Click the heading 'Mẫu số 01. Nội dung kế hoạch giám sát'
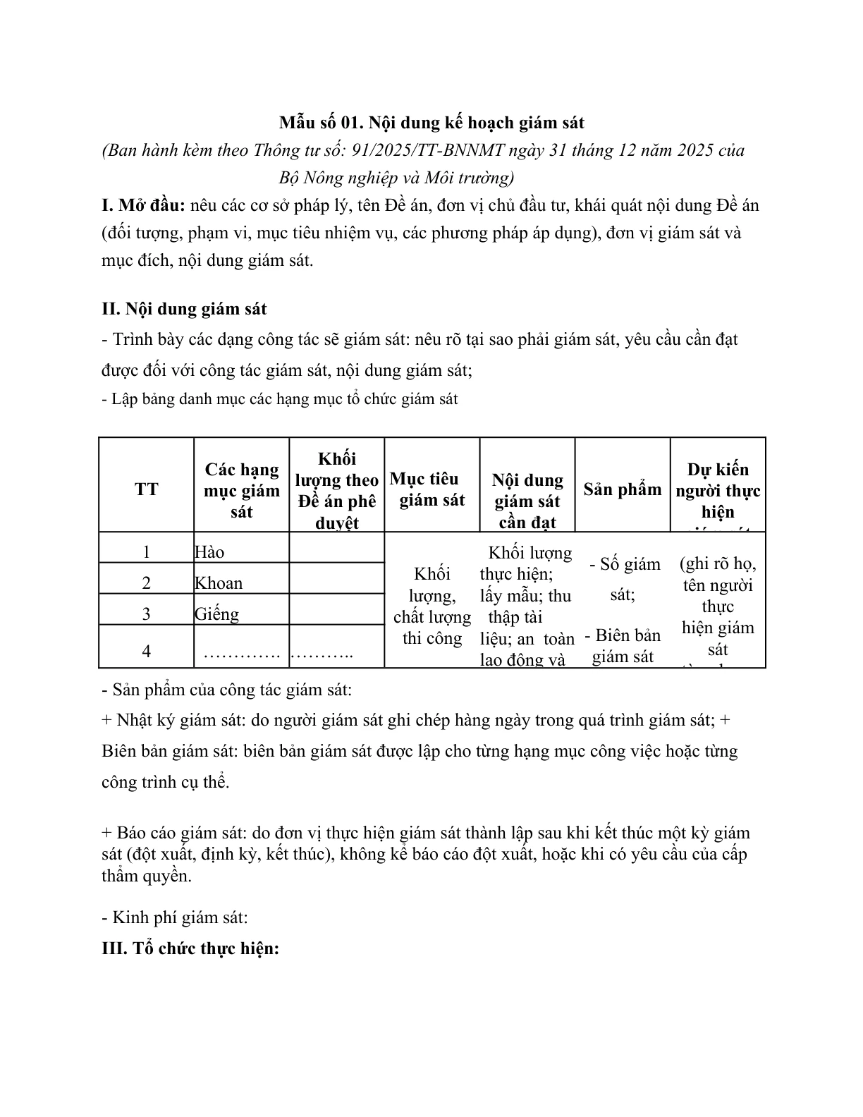coord(432,123)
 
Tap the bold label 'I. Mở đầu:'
coord(143,206)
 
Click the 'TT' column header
coord(146,489)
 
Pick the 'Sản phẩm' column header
coord(623,489)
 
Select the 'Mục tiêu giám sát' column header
coord(432,489)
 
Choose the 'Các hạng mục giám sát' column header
coord(241,489)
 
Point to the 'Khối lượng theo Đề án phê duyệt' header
coord(336,489)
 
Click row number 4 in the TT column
coord(146,650)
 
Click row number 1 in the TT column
coord(146,551)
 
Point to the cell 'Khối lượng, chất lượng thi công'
coord(432,605)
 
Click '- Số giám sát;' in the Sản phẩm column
coord(623,579)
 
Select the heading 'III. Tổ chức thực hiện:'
coord(191,948)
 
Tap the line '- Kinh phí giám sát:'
coord(175,917)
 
